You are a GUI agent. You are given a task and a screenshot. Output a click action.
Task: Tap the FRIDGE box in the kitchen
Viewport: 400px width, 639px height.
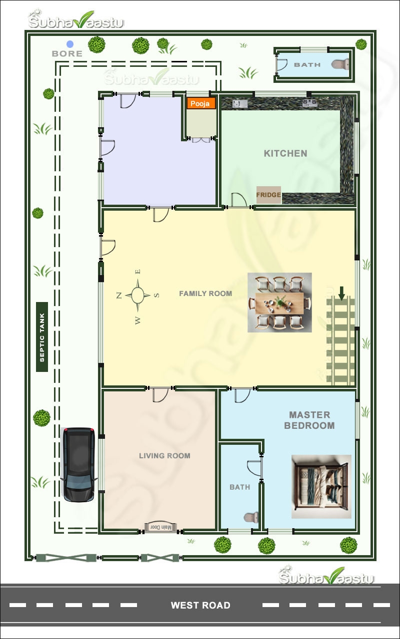(268, 195)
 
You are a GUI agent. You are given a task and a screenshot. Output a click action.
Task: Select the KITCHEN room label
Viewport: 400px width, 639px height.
(285, 153)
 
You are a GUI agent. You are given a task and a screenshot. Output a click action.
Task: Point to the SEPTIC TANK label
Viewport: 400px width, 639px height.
(42, 336)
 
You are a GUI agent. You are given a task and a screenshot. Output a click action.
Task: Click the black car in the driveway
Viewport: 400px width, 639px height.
(78, 464)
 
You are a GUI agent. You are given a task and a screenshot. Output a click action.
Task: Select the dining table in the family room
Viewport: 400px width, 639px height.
(280, 303)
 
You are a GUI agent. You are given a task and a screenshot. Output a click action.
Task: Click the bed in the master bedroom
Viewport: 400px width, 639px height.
(321, 486)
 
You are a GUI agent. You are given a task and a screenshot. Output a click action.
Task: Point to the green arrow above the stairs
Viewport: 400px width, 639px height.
(342, 293)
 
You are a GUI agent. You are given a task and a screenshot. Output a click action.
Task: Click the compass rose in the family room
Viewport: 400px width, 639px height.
(138, 295)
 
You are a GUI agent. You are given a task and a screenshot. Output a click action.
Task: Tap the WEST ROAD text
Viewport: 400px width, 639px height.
(200, 606)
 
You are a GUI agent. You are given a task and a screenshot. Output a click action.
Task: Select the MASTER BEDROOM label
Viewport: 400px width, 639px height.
(309, 420)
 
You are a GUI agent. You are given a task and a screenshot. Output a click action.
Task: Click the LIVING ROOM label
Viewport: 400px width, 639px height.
(164, 456)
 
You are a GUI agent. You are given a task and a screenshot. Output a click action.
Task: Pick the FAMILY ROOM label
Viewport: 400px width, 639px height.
(205, 294)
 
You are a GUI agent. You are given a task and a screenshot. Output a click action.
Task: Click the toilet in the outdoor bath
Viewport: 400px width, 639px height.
(340, 64)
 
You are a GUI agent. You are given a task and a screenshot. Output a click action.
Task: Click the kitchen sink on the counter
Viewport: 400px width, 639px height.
(239, 104)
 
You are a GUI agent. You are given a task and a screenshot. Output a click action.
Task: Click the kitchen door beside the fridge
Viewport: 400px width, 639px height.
(238, 200)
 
